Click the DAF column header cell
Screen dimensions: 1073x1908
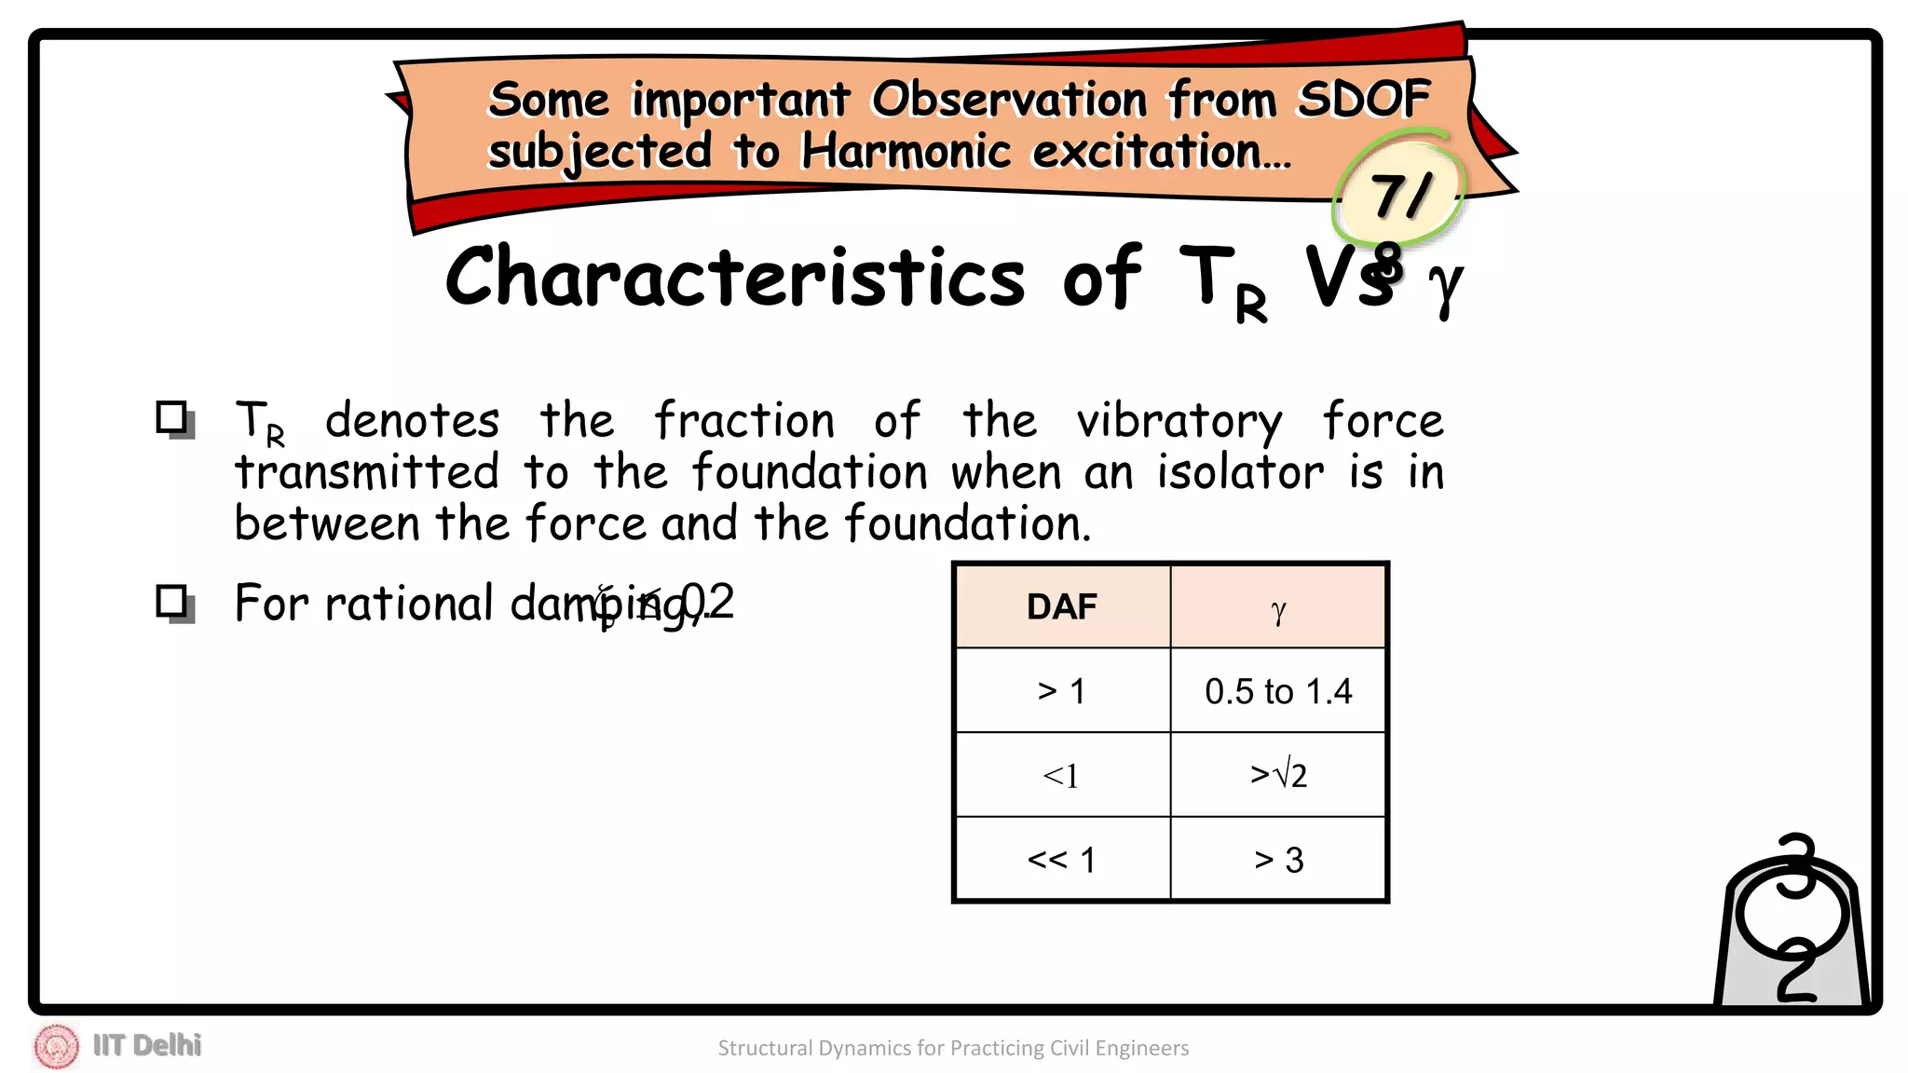pos(1062,606)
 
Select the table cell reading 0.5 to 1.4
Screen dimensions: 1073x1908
pos(1278,691)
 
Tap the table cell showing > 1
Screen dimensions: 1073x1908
pos(1062,691)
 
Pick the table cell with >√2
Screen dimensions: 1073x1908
pos(1278,775)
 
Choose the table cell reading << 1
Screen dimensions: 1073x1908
pos(1062,860)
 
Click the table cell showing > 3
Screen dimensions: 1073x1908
pos(1278,860)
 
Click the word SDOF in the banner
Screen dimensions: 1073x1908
pos(1364,99)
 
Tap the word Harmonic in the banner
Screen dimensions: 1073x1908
pos(906,151)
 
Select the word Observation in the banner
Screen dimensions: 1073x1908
pos(1009,100)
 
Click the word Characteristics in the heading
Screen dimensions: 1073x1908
pos(735,277)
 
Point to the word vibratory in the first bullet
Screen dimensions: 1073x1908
pos(1179,422)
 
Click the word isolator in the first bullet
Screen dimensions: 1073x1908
pos(1240,472)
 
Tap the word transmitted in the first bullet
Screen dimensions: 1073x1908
pos(366,472)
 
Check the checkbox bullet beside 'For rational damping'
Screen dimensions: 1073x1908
pos(173,603)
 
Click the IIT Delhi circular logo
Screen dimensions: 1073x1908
pos(57,1046)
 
